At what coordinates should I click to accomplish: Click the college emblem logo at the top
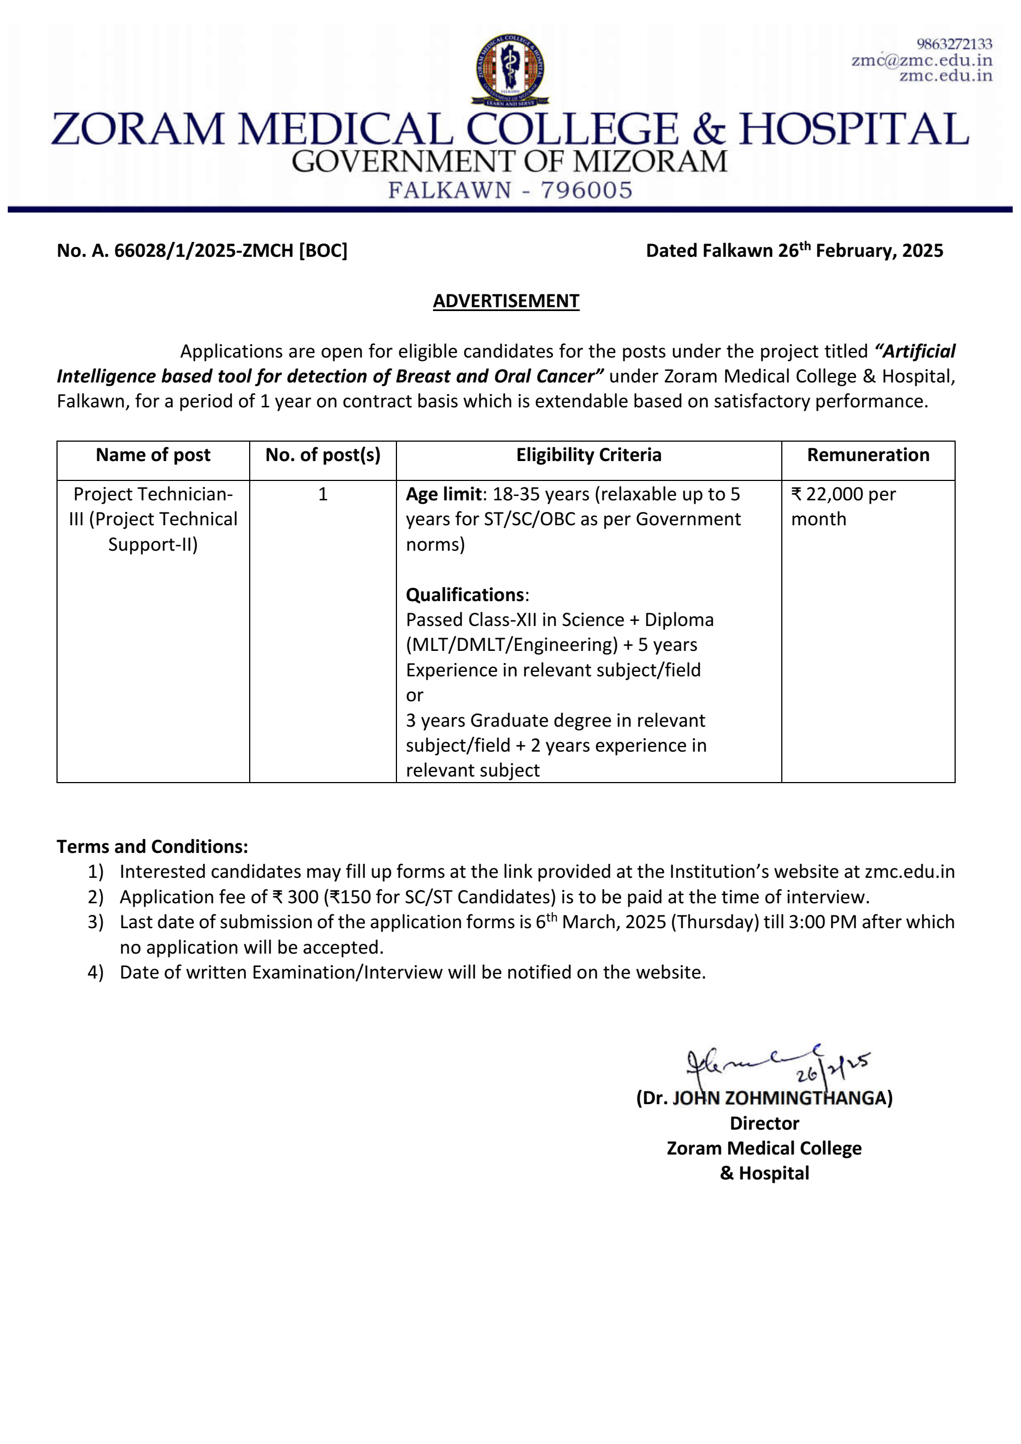pos(509,69)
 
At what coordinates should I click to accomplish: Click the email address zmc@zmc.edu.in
pos(921,60)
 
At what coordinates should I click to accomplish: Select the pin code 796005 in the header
pos(586,190)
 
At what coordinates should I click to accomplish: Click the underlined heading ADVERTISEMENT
pos(506,301)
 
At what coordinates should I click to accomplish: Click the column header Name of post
pos(153,455)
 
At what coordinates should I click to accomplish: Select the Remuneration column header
pos(868,455)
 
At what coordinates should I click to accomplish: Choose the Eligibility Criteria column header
pos(588,455)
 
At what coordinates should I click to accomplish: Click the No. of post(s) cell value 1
pos(323,494)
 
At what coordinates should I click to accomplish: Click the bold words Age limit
pos(443,494)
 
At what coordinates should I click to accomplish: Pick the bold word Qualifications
pos(465,594)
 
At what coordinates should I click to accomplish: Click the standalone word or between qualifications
pos(415,695)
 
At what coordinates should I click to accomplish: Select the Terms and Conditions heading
pos(152,846)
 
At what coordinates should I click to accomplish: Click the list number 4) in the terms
pos(96,972)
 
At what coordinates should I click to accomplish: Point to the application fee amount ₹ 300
pos(295,896)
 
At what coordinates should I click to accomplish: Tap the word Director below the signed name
pos(764,1122)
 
